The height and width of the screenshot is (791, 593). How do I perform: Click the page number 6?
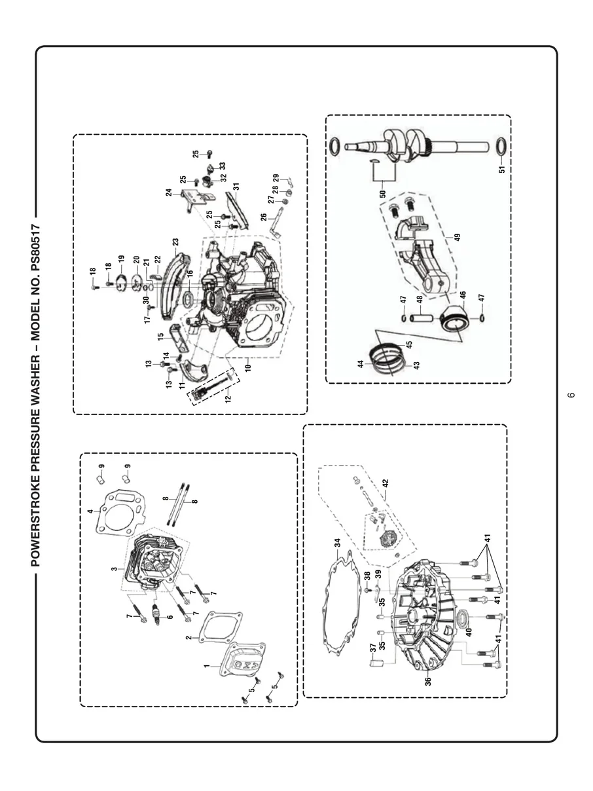tap(571, 395)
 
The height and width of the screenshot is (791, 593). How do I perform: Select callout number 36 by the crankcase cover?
tap(428, 681)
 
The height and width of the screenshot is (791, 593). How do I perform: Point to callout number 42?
tap(386, 484)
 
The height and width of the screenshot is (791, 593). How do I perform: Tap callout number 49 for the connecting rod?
tap(457, 237)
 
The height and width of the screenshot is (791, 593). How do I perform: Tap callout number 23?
tap(175, 241)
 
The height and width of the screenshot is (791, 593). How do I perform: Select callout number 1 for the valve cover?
tap(207, 666)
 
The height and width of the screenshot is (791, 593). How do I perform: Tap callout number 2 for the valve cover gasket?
tap(188, 637)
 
